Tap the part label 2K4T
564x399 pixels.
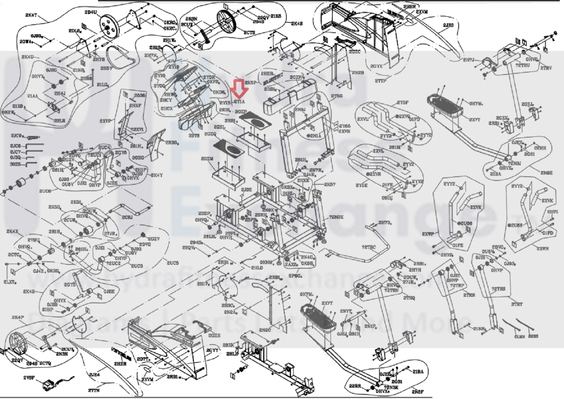[31, 15]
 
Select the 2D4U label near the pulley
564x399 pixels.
[91, 12]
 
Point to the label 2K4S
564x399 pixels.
[297, 24]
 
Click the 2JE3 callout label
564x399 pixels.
[448, 25]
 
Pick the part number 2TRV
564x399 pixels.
[546, 68]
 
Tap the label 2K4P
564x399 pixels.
[18, 317]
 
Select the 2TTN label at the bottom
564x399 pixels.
[94, 390]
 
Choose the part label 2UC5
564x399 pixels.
[172, 263]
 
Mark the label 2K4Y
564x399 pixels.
[157, 175]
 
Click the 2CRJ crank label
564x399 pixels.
[127, 217]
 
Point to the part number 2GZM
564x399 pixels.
[207, 159]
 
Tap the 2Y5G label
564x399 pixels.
[336, 96]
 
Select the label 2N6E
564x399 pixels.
[546, 173]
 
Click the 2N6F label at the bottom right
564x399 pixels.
[417, 391]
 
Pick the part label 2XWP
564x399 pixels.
[427, 234]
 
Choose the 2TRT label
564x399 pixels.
[516, 304]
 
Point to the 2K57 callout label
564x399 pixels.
[330, 184]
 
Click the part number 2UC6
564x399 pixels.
[45, 191]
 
